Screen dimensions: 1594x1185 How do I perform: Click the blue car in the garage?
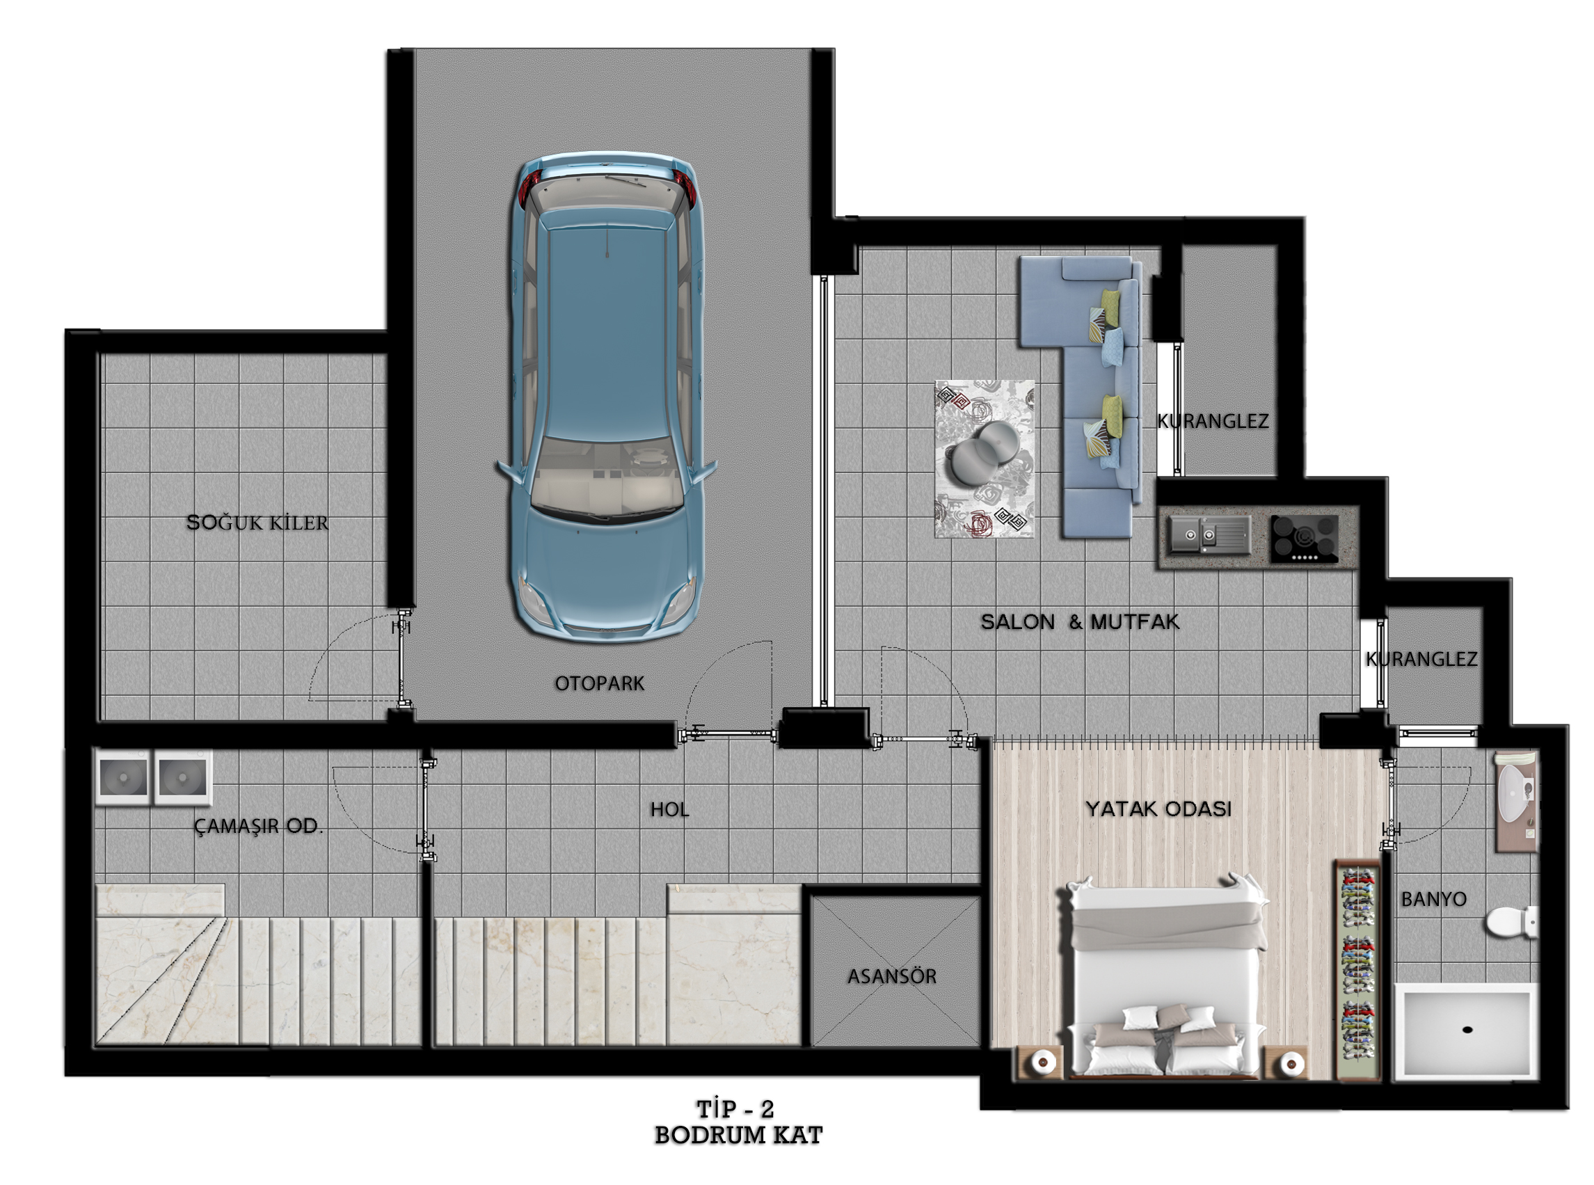[607, 395]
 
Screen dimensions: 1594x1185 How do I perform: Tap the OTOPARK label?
[600, 683]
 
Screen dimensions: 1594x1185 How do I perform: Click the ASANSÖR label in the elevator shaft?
[892, 976]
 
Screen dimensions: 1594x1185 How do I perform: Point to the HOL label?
[670, 810]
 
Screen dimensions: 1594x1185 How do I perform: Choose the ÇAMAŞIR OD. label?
[258, 827]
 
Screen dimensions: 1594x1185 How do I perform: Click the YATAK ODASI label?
[1158, 809]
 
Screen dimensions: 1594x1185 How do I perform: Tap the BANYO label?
[1433, 899]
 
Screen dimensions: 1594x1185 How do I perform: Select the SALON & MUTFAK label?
[1080, 621]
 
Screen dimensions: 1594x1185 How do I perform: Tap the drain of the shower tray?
[1467, 1030]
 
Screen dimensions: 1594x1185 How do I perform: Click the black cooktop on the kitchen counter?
[1305, 539]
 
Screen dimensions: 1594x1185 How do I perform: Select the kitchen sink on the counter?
[1210, 534]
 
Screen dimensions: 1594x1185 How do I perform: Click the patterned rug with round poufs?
[984, 459]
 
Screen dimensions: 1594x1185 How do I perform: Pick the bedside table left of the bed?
[1039, 1061]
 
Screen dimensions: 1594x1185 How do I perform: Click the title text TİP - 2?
[735, 1109]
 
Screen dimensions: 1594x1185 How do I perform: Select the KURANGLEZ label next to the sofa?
[1213, 421]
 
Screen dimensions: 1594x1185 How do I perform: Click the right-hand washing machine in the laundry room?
[183, 777]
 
